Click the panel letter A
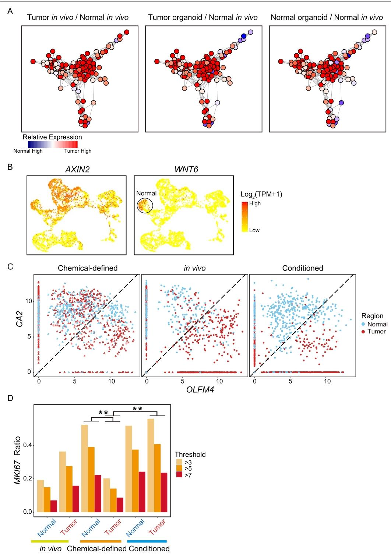[10, 11]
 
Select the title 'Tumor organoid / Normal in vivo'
[203, 18]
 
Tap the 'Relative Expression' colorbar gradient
[53, 144]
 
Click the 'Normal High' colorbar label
[28, 151]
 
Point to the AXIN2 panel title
[77, 170]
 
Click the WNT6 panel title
[186, 170]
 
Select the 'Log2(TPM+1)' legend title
[261, 194]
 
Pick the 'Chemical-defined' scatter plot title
[88, 268]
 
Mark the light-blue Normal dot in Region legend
[363, 324]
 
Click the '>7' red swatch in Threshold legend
[179, 475]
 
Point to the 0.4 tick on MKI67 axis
[28, 445]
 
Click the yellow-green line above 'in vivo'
[50, 541]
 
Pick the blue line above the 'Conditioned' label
[147, 541]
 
